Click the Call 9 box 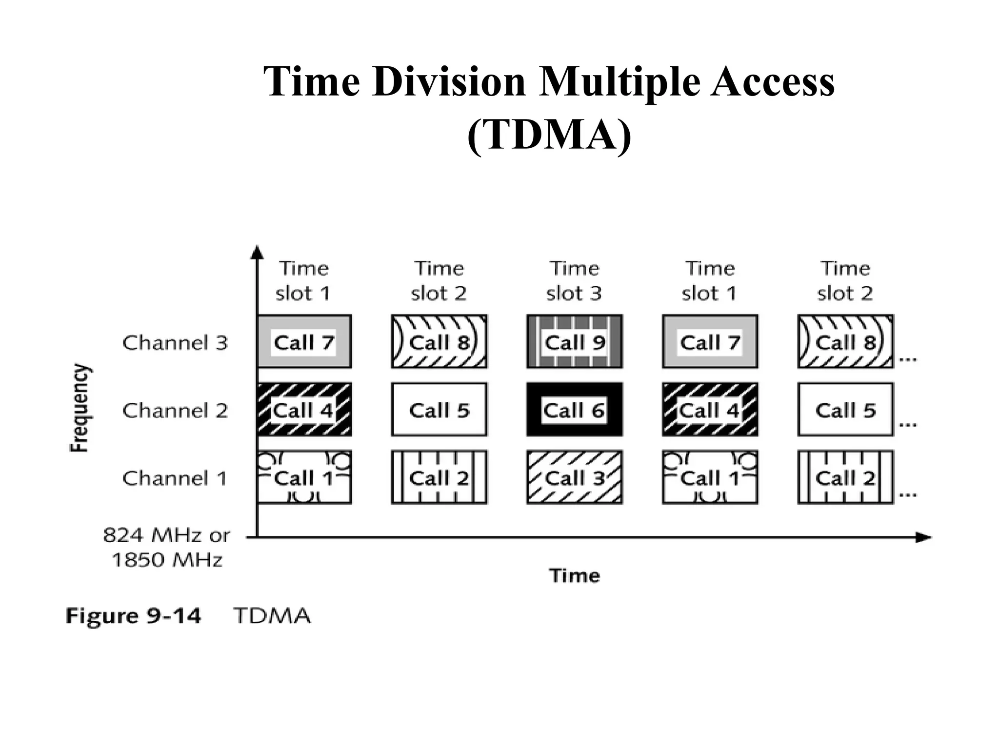(x=574, y=342)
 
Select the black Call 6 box (x=574, y=410)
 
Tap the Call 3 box (x=574, y=477)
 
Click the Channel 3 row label (x=175, y=343)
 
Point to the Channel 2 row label (x=175, y=411)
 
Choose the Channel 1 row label (x=175, y=478)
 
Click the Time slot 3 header (x=574, y=281)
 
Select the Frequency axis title (x=80, y=408)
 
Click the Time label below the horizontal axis (x=575, y=576)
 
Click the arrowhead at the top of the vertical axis (x=257, y=252)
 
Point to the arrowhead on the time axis (x=923, y=537)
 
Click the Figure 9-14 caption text (x=133, y=616)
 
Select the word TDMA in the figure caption (x=272, y=616)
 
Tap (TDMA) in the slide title (x=549, y=134)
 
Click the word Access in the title (x=772, y=81)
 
